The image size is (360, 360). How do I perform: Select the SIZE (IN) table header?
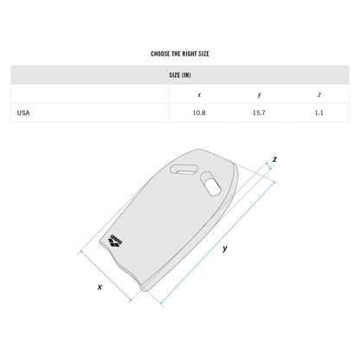tap(180, 75)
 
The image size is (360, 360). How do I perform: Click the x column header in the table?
tap(200, 94)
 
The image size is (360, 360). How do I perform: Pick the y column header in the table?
tap(259, 94)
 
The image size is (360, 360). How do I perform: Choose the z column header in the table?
tap(318, 94)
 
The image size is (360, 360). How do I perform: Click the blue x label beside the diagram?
tap(100, 286)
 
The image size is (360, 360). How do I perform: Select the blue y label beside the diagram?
tap(226, 248)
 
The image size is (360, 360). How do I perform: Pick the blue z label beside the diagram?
tap(274, 160)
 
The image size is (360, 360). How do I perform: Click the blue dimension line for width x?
tap(105, 273)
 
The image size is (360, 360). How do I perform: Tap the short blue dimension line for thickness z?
tap(269, 173)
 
